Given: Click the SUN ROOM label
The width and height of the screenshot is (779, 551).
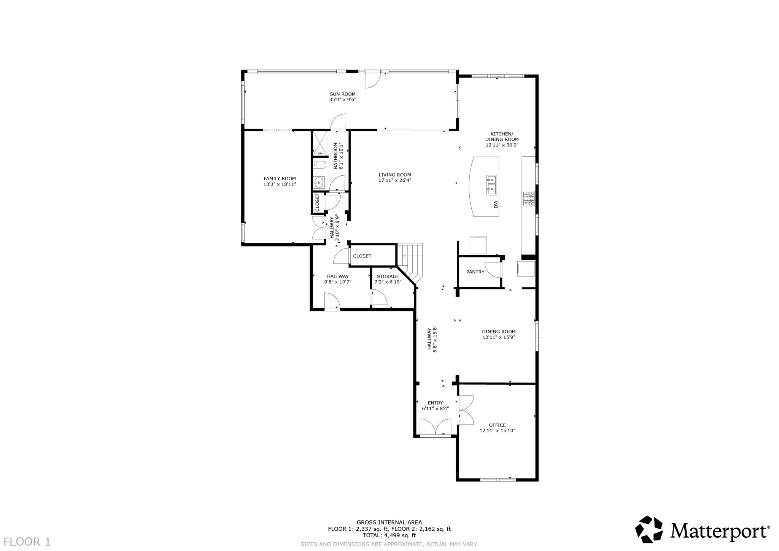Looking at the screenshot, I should coord(342,94).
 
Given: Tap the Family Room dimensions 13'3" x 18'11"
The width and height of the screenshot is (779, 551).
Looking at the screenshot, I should coord(280,184).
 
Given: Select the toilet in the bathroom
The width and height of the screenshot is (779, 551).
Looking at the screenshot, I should coord(319,165).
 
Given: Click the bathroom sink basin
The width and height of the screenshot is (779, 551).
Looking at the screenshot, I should coord(318,183).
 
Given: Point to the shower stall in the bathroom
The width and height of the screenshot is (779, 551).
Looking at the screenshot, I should coord(320,143).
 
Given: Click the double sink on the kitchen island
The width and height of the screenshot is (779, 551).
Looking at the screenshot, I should coord(491,185).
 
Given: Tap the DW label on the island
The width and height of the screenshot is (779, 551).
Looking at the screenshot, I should coord(496,205).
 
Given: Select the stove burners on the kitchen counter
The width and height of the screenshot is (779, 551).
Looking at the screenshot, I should coord(528,198).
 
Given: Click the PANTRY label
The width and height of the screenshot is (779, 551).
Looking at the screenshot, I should coord(475,272).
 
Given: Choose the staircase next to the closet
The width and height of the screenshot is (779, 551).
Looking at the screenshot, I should coord(410,261).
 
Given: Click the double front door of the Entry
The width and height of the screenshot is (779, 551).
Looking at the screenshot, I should coord(435,427).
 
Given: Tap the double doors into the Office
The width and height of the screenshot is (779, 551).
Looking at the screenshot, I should coord(466,410).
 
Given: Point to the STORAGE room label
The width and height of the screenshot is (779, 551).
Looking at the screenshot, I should coord(388,276).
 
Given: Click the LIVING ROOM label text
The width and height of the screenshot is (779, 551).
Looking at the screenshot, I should coord(395,175).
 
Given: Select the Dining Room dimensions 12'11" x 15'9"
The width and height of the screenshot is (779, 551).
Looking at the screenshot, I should coord(499,337).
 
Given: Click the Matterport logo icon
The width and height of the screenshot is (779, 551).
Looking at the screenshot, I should coord(649,529).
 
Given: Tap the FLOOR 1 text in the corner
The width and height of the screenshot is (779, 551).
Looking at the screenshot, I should coord(27,541).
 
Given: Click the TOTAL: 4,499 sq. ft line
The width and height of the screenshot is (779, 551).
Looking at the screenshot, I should coord(389,535).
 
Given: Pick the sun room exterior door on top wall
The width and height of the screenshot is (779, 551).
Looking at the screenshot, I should coord(372,80).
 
